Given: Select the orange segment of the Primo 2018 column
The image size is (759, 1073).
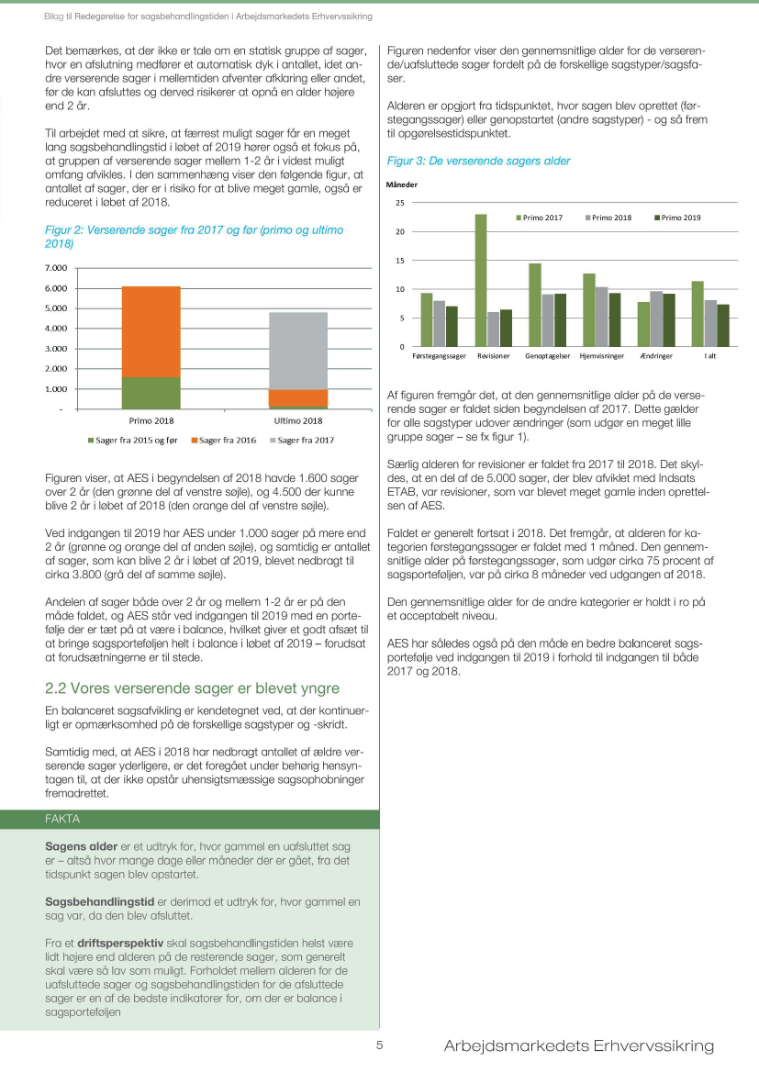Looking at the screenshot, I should [151, 331].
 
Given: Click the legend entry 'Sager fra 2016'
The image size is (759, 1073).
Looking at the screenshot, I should [225, 441].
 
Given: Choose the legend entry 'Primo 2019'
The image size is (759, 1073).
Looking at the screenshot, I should [680, 218].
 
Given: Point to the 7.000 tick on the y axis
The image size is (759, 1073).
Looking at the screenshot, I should [55, 268].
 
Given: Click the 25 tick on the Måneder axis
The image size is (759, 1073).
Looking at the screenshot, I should [399, 202].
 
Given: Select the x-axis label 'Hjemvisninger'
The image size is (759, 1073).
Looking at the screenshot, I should [602, 355].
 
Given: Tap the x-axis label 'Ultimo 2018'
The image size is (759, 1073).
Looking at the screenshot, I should [298, 420].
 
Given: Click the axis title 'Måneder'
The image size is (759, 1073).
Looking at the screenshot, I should [401, 184].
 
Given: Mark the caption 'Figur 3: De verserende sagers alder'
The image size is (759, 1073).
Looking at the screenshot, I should [478, 161].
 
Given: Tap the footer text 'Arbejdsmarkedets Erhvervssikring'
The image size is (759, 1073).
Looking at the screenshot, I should [578, 1046].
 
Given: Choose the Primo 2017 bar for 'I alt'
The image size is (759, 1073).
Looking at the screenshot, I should [698, 313].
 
